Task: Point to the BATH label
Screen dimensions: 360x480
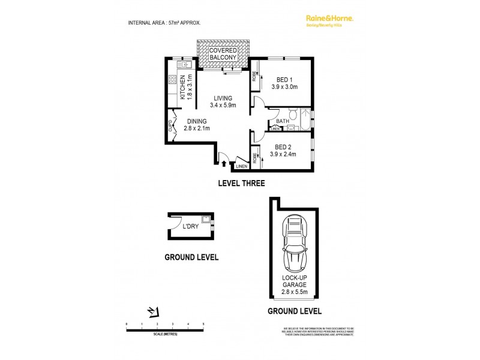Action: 283,121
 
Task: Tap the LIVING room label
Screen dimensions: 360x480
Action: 223,98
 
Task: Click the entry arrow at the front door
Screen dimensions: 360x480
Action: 224,162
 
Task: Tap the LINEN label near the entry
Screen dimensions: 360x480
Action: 241,166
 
